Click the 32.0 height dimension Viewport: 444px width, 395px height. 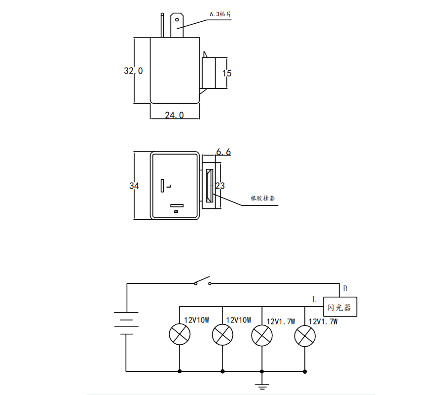coord(133,71)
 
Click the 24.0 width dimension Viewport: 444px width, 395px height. coord(174,115)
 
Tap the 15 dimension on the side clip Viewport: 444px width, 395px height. coord(227,74)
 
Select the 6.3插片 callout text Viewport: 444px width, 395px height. coord(220,15)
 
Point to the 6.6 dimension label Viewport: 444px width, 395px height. coord(223,152)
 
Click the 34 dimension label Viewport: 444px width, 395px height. coord(134,186)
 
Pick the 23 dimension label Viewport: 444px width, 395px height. coord(220,186)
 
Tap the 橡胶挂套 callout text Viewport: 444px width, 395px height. coord(262,198)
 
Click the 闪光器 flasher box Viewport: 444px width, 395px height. coord(340,307)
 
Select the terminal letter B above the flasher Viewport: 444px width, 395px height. coord(345,288)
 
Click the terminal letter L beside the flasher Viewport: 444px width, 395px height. coord(314,299)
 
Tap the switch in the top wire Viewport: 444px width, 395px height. coord(202,282)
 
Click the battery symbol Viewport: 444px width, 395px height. coord(126,323)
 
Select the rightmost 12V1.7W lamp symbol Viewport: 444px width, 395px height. coord(304,337)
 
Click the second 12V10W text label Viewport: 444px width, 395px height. coord(239,320)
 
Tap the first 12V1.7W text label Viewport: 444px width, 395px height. coord(281,321)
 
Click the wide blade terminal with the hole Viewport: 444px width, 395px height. coord(177,26)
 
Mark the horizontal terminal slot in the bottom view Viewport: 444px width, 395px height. coord(177,205)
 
